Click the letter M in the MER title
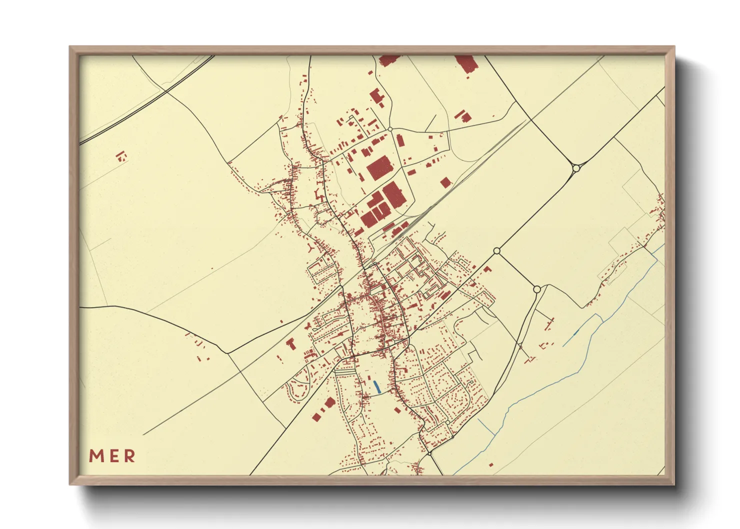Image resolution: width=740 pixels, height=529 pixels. click(96, 456)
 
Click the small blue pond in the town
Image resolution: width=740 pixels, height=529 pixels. click(376, 386)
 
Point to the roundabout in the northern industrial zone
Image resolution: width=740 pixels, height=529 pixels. click(390, 129)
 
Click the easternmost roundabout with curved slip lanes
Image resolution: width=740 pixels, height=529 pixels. click(576, 168)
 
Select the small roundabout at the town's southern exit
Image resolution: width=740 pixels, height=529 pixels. click(429, 453)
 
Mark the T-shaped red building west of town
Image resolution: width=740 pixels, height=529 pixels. click(290, 343)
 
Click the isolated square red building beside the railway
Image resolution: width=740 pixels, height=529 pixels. click(445, 182)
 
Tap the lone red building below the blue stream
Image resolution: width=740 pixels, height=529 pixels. click(491, 465)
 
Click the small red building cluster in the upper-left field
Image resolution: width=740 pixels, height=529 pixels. click(121, 157)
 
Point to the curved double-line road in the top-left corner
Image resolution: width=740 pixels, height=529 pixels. click(150, 100)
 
